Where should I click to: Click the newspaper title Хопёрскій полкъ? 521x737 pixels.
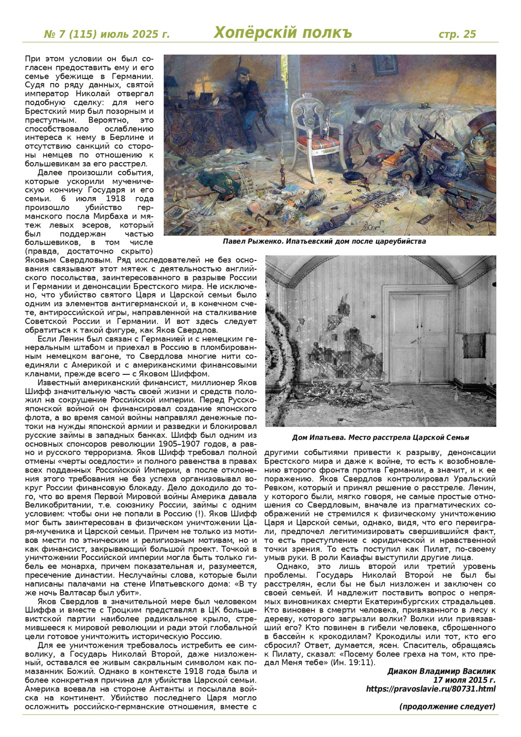tap(283, 33)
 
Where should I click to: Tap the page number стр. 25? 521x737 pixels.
tap(457, 34)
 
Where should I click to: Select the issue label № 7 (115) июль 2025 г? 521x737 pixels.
tap(107, 34)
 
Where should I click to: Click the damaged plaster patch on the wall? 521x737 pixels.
tap(344, 344)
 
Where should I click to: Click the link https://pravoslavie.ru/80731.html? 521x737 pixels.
tap(431, 689)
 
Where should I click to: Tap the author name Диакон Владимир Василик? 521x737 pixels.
tap(441, 671)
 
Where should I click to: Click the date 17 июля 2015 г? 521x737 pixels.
tap(464, 680)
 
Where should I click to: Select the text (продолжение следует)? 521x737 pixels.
tap(447, 707)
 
